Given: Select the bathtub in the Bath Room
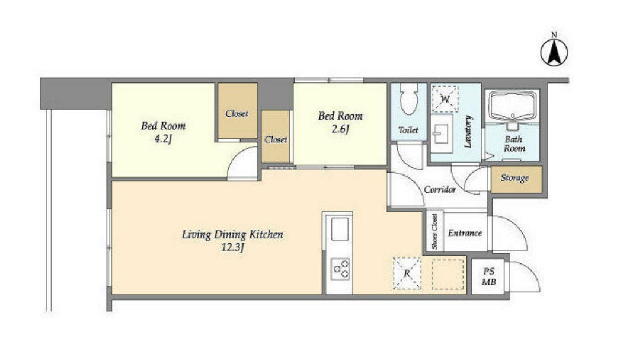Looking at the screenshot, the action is [513, 106].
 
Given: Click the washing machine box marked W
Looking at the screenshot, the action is [445, 99].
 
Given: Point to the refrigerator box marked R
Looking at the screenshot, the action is [407, 273].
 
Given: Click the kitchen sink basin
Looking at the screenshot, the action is [340, 229].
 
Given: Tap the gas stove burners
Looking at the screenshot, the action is [340, 269].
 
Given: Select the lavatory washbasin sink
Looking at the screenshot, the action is [441, 133].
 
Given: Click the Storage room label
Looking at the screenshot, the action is [514, 178].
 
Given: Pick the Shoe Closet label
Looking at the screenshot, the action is [435, 231].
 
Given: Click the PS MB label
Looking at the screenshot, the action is [489, 277].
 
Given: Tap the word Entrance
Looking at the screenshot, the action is [465, 233].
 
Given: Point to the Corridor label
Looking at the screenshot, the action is [440, 190].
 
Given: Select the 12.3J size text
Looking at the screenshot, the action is [232, 248].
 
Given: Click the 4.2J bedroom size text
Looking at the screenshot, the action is [163, 139].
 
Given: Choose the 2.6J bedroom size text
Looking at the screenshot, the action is [340, 129].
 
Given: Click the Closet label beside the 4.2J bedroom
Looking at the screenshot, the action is [237, 113].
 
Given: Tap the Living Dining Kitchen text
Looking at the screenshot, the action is [232, 235].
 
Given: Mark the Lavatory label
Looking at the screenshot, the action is [468, 132].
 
